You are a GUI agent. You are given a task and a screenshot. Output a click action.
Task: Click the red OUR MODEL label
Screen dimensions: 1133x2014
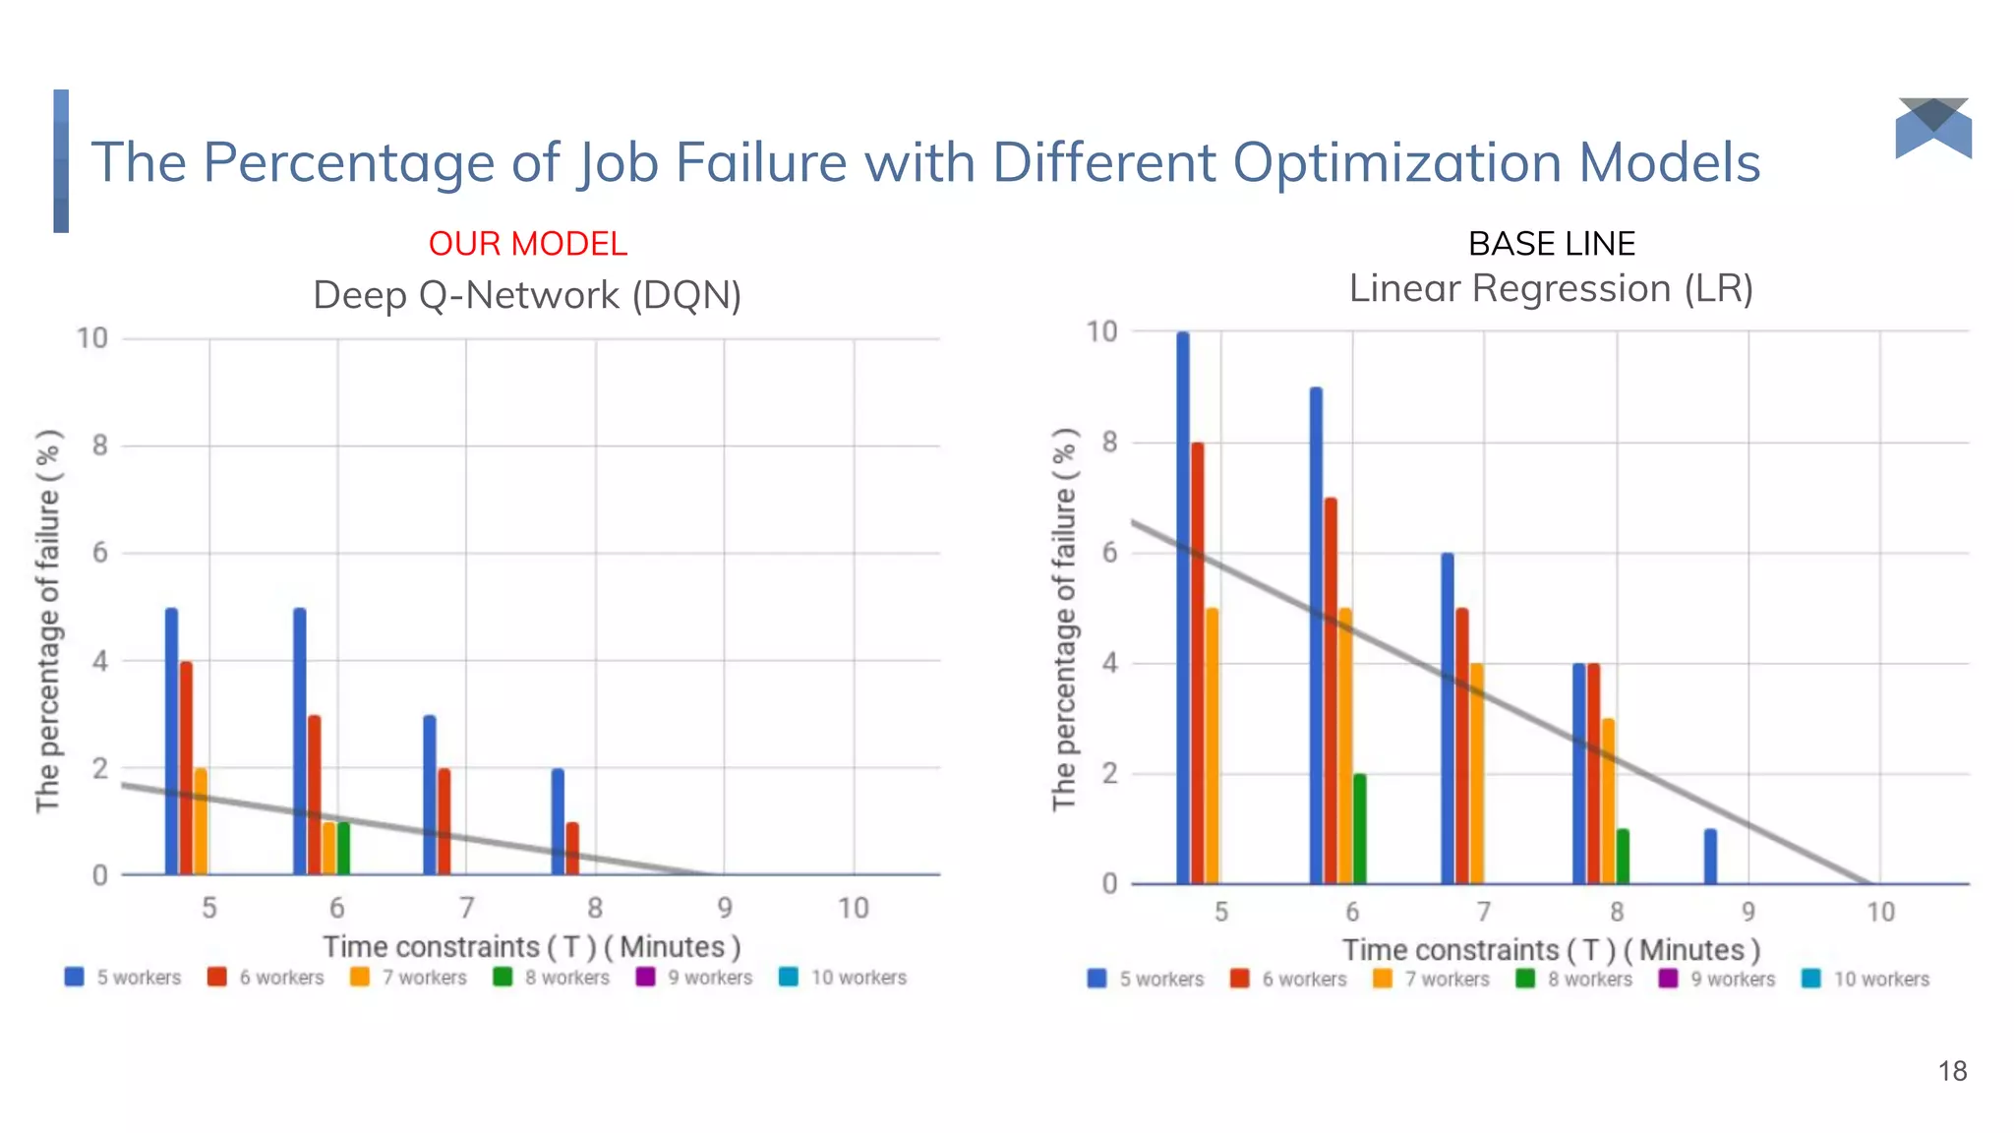pyautogui.click(x=527, y=244)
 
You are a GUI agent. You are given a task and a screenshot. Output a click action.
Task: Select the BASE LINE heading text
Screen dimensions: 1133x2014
pyautogui.click(x=1551, y=244)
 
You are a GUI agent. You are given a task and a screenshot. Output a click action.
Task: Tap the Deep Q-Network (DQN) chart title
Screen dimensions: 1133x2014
pyautogui.click(x=527, y=295)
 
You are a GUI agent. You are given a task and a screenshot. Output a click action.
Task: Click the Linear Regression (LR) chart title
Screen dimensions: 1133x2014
pyautogui.click(x=1551, y=289)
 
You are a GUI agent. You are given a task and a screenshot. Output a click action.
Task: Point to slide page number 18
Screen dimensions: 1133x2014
pyautogui.click(x=1952, y=1071)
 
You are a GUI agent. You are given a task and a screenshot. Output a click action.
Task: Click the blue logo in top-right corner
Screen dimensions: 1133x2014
pyautogui.click(x=1933, y=129)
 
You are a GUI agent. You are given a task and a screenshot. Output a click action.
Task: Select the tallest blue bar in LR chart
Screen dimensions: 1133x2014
pyautogui.click(x=1183, y=610)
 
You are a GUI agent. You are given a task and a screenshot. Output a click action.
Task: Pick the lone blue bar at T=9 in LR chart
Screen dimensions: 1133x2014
pyautogui.click(x=1710, y=857)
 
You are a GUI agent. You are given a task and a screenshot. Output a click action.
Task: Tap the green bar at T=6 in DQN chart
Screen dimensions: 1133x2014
pyautogui.click(x=343, y=848)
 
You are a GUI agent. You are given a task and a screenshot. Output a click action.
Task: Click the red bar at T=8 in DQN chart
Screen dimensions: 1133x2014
pyautogui.click(x=572, y=849)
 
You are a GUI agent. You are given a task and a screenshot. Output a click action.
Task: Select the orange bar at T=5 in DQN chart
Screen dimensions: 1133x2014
pyautogui.click(x=201, y=821)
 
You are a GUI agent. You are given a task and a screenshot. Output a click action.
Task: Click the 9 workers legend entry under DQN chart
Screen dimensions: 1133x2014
pyautogui.click(x=696, y=978)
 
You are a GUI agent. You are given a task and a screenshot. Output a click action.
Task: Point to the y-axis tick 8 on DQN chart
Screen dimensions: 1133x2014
pyautogui.click(x=99, y=446)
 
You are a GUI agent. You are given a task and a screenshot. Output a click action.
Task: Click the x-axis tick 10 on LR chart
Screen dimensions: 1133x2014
pyautogui.click(x=1880, y=913)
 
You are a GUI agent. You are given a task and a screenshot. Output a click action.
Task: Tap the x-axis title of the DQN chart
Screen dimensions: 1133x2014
pyautogui.click(x=531, y=947)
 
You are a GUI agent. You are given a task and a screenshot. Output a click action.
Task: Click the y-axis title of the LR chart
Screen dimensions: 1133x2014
pyautogui.click(x=1064, y=620)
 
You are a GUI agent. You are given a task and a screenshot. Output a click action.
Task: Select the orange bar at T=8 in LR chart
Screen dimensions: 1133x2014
pyautogui.click(x=1608, y=802)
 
